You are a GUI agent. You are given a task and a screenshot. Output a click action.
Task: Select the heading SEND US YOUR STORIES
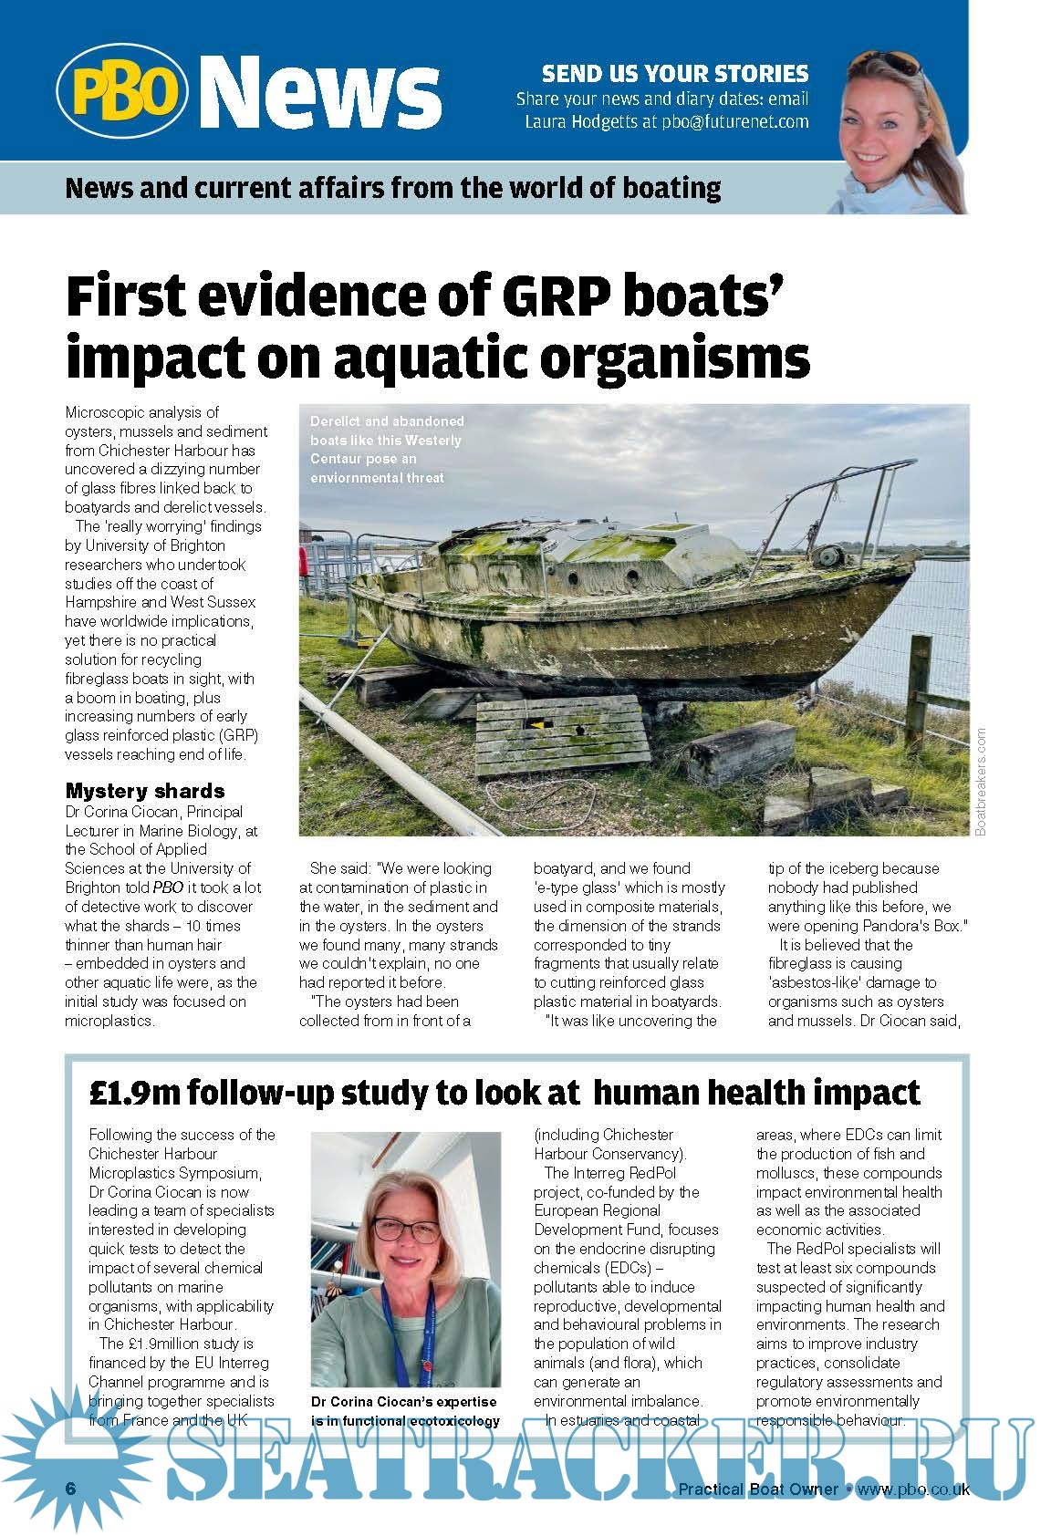coord(675,73)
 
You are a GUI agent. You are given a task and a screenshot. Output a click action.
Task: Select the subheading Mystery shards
coord(144,791)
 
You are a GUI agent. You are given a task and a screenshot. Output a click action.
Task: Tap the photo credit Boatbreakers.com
coord(981,781)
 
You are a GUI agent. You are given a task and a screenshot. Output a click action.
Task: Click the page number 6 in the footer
coord(70,1488)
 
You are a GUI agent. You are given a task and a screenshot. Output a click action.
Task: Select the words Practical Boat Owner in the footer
coord(757,1489)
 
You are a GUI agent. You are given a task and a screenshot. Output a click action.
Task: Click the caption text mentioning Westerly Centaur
coord(386,450)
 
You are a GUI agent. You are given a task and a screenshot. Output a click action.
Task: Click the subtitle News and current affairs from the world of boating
coord(393,189)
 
